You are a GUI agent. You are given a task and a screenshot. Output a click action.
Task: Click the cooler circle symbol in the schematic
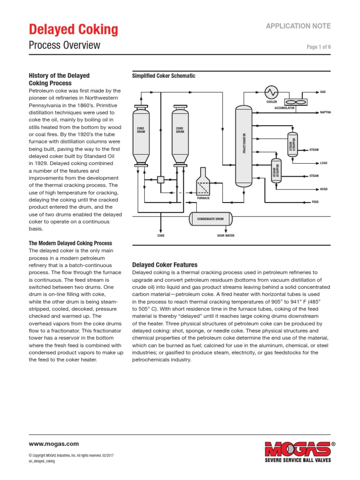271,92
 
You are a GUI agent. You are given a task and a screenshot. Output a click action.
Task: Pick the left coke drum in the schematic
141,135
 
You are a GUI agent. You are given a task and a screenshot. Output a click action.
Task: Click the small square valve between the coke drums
160,179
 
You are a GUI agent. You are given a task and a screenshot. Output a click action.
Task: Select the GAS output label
322,92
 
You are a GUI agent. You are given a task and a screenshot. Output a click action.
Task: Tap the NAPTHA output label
325,112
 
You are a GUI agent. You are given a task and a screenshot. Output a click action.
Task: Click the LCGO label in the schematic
323,163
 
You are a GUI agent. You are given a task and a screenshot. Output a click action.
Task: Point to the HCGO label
323,189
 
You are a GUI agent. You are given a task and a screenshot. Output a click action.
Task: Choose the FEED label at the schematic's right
315,202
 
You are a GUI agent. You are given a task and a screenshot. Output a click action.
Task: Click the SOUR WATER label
225,236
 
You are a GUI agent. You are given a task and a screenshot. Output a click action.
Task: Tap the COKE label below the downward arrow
161,236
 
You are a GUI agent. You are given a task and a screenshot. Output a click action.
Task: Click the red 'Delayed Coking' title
74,30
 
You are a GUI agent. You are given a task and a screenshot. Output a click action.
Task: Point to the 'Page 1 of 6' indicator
319,47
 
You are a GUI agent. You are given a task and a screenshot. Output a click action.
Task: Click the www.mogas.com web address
54,444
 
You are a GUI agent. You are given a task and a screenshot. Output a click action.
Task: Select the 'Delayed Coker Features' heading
165,265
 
